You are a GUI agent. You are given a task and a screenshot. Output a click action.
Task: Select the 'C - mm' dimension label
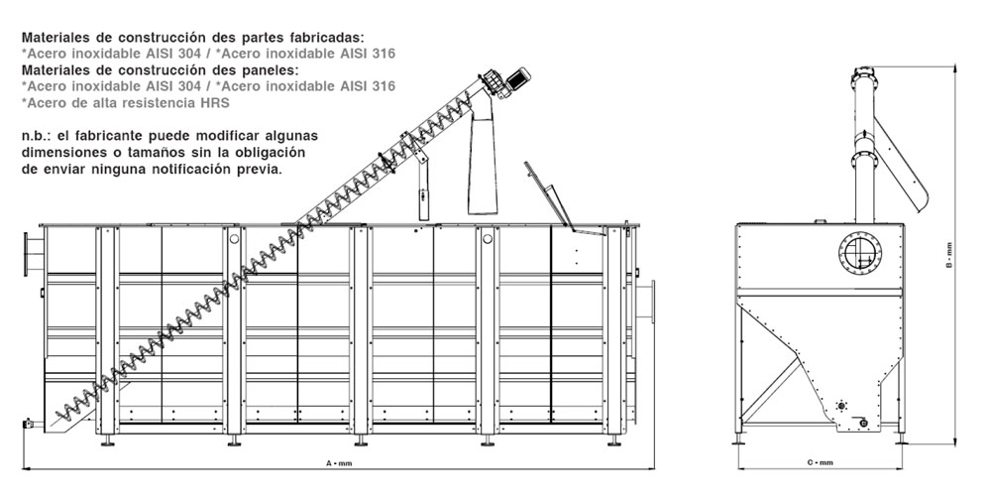pos(820,463)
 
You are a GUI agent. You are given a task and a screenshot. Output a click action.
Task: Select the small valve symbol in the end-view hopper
pos(841,405)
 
